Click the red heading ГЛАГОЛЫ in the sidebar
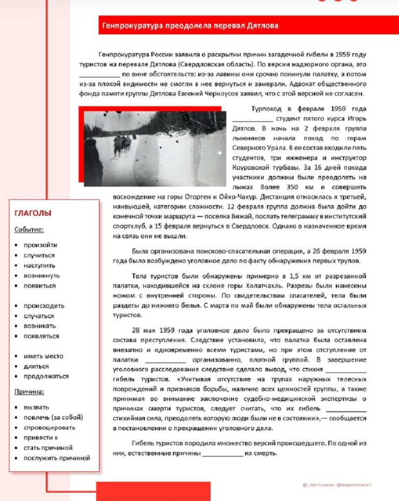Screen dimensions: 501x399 33,213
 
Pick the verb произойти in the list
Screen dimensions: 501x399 41,245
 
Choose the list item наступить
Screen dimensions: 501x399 40,265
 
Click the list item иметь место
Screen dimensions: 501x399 44,356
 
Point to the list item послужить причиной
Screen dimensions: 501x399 57,458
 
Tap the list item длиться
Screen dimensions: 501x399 37,366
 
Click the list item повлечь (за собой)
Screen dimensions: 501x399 53,417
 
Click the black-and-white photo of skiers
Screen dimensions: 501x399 155,148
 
